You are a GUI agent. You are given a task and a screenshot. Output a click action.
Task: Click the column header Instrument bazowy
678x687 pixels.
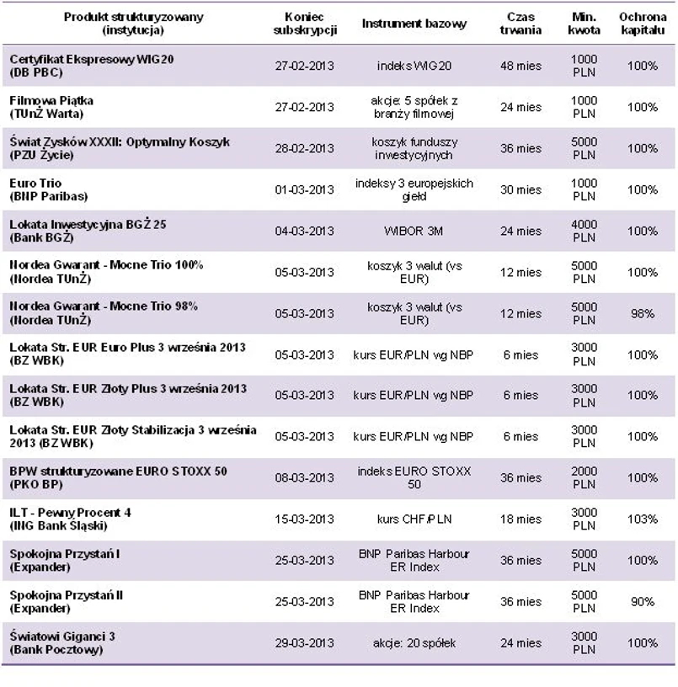[x=414, y=24]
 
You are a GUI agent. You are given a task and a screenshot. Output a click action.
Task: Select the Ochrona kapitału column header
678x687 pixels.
[x=643, y=24]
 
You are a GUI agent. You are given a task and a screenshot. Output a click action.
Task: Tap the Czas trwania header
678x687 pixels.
[x=521, y=24]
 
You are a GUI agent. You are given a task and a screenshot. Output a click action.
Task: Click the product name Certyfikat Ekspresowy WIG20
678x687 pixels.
[x=92, y=59]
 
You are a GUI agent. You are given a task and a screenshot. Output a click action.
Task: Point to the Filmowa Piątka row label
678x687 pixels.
[x=51, y=100]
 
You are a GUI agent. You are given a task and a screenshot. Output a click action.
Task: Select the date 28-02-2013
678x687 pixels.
[x=304, y=148]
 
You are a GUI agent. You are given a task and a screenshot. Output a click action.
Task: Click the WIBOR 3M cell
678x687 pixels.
[x=414, y=231]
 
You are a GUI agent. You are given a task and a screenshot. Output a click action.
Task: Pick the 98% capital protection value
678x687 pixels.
[x=643, y=313]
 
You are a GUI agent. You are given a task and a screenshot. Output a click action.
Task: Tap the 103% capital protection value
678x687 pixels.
[x=643, y=519]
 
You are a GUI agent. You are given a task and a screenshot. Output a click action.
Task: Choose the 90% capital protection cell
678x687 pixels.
[x=643, y=602]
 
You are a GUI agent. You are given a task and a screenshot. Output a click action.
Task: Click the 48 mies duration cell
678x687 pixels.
[x=521, y=66]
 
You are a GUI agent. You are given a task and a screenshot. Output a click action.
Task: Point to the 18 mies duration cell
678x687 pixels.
[x=521, y=519]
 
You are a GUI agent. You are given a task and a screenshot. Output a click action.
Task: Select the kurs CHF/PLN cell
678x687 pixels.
[x=414, y=519]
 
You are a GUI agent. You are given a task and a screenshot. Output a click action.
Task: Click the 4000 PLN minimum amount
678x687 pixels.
[x=585, y=231]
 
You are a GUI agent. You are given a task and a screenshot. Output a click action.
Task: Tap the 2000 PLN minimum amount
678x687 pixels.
[x=585, y=478]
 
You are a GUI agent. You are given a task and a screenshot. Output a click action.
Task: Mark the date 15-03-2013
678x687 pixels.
[x=304, y=519]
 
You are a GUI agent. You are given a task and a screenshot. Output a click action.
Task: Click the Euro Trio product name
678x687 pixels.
[x=35, y=183]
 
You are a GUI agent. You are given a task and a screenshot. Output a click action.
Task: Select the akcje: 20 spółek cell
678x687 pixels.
[x=414, y=643]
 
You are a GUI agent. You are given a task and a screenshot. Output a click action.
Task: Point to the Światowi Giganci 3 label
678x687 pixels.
[x=62, y=636]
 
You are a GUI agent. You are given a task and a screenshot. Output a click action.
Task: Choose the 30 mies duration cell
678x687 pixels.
[x=521, y=189]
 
